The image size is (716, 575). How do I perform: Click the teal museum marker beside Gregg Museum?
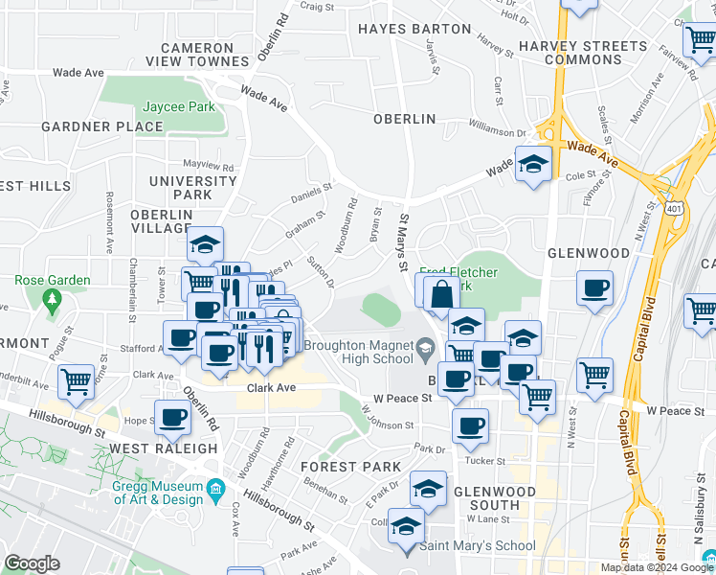[x=218, y=490]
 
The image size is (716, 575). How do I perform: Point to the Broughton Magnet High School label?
[x=360, y=352]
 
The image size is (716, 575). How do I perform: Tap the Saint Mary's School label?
[x=478, y=546]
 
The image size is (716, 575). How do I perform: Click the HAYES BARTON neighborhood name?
[x=414, y=29]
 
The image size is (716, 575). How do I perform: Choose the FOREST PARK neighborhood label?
[x=349, y=467]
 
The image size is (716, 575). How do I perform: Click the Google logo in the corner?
[x=32, y=563]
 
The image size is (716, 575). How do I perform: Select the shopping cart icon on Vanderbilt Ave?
[x=76, y=380]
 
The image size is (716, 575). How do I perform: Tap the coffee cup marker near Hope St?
[x=173, y=417]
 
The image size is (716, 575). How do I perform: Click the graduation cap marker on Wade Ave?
[x=533, y=162]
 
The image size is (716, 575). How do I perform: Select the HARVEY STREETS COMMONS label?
[x=582, y=53]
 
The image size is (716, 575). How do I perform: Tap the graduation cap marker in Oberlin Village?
[x=204, y=243]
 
